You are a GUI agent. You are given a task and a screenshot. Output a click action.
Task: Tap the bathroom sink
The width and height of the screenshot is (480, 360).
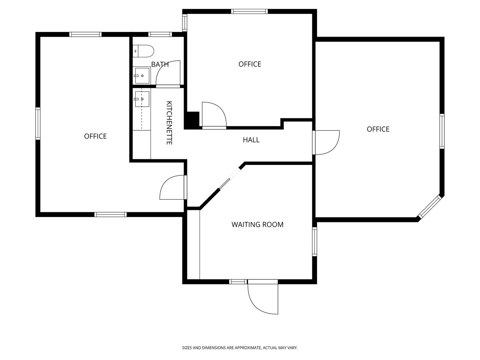[x=142, y=76]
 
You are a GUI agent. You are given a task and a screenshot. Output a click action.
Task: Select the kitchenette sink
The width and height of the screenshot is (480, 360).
[x=142, y=99]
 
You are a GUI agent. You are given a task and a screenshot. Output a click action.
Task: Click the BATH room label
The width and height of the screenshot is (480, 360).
[x=160, y=64]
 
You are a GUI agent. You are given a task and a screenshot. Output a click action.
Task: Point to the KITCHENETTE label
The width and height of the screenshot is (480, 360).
[x=169, y=123]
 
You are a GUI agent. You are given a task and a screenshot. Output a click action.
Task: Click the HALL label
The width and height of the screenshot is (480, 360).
[x=251, y=140]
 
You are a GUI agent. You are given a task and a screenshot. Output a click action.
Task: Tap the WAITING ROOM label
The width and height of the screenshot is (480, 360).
[x=257, y=225]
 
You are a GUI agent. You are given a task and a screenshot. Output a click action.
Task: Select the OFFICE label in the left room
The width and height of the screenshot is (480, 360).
[x=95, y=136]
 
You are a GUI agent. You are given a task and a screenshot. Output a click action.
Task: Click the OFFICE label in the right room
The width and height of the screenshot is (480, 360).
[x=378, y=129]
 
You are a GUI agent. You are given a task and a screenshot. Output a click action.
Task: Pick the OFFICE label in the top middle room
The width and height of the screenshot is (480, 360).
[x=250, y=64]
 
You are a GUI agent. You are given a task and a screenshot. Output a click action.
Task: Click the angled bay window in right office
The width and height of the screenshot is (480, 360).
[x=430, y=207]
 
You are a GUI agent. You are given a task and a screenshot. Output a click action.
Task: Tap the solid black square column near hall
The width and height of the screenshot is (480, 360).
[x=192, y=120]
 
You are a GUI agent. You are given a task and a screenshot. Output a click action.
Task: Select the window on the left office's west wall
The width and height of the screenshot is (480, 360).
[x=38, y=123]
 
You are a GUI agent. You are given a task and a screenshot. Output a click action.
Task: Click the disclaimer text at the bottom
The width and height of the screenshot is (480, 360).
[x=240, y=348]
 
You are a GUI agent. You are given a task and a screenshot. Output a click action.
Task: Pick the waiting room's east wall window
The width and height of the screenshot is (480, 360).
[x=314, y=242]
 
